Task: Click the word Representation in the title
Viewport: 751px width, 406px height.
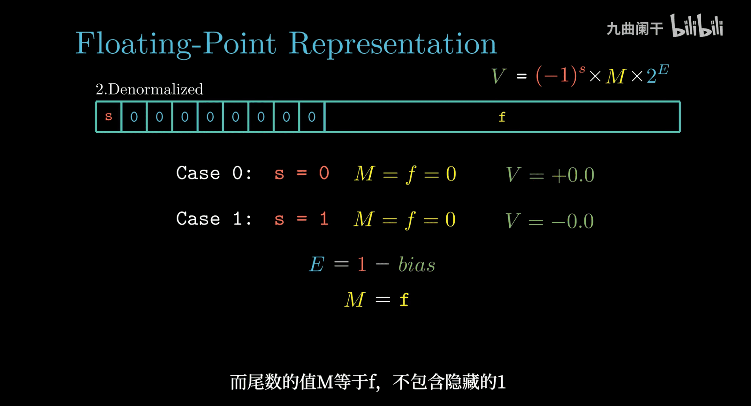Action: [392, 43]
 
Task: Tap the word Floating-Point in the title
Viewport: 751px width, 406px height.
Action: [176, 43]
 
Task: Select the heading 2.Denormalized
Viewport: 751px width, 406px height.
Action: [150, 89]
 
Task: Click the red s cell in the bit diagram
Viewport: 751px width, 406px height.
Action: [108, 117]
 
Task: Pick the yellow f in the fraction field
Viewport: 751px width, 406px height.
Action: [502, 117]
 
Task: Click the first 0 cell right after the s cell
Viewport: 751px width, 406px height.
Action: [134, 117]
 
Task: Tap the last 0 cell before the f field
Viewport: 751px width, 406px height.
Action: [312, 117]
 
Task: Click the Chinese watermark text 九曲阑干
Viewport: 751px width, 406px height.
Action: [635, 28]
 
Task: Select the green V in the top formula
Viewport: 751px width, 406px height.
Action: [498, 76]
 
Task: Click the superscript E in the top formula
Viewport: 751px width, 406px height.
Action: [663, 70]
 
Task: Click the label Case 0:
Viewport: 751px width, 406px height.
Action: [214, 173]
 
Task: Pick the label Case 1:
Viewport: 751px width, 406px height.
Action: [214, 219]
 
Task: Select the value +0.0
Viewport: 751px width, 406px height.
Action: [573, 175]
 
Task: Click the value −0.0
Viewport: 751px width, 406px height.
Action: [573, 221]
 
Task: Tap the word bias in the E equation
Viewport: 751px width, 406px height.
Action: [417, 264]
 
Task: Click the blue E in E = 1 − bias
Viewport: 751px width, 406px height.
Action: [317, 264]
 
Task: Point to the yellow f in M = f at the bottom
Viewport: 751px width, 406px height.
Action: [404, 300]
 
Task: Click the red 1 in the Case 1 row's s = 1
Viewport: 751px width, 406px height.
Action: [324, 219]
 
